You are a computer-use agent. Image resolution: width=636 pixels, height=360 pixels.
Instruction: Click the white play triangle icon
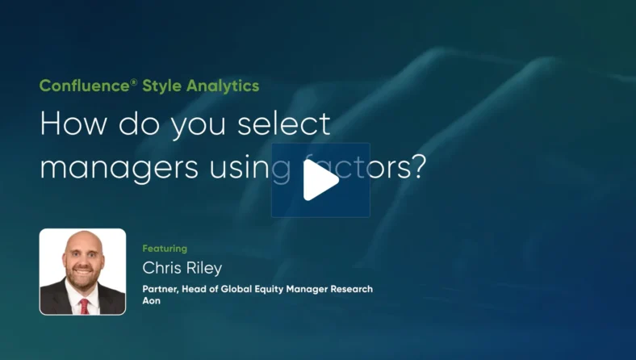pyautogui.click(x=320, y=180)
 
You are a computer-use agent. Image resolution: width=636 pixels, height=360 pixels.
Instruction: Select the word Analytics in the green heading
pyautogui.click(x=222, y=86)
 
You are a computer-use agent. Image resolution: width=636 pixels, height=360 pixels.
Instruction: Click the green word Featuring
pyautogui.click(x=165, y=249)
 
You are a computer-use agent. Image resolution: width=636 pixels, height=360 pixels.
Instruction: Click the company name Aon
pyautogui.click(x=152, y=302)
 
